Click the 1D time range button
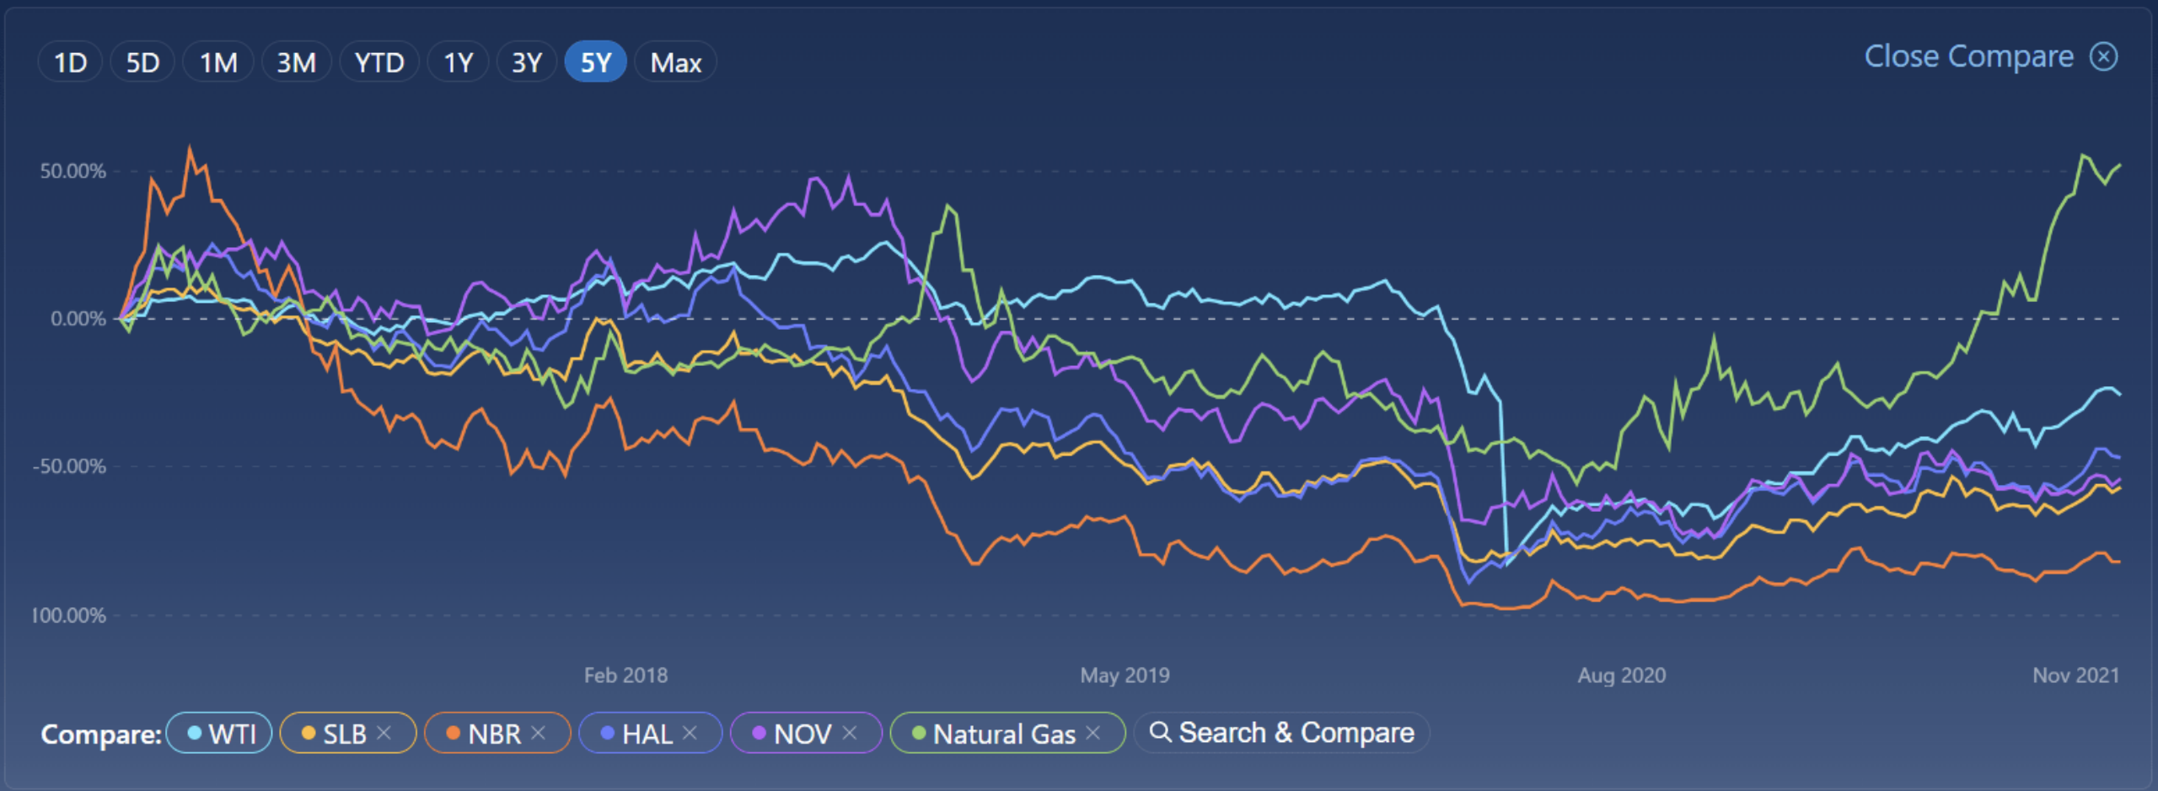(70, 62)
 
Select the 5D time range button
(142, 62)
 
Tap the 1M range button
(218, 62)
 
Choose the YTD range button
(379, 62)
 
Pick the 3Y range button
(527, 62)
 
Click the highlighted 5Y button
(596, 62)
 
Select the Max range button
(675, 62)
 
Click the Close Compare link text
(1968, 56)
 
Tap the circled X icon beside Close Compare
(2104, 56)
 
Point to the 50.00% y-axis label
(73, 171)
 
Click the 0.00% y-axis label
(78, 319)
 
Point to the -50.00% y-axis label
(70, 466)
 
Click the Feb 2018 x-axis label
(625, 675)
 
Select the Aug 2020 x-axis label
(1622, 675)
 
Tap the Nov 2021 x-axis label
(2075, 675)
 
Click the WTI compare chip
(220, 734)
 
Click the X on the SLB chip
(384, 733)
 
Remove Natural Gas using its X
(1093, 733)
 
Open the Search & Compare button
(1282, 733)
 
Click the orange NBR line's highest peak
(190, 148)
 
